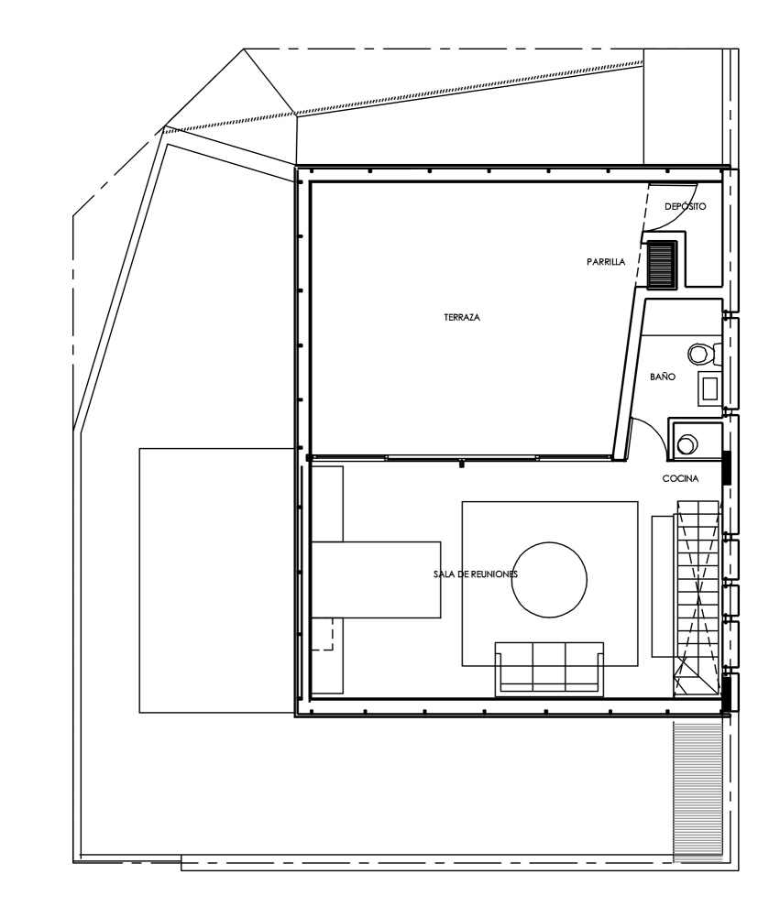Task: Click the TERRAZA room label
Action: coord(462,317)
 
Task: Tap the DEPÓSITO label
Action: coord(686,206)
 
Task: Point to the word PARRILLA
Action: coord(606,262)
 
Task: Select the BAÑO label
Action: coord(663,377)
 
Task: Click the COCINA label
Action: coord(681,478)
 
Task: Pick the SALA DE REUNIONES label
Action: coord(476,574)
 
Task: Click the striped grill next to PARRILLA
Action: coord(663,264)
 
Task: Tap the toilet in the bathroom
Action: coord(703,354)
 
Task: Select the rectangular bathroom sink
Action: coord(709,388)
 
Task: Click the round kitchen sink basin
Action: coord(687,444)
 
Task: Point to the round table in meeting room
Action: coord(549,580)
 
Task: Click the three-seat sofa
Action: coord(549,669)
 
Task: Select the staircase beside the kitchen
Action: coord(696,597)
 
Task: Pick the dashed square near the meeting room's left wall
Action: coord(323,633)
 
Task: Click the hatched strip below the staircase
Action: coord(698,791)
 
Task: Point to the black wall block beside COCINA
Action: coord(727,468)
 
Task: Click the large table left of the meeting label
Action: coord(376,580)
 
